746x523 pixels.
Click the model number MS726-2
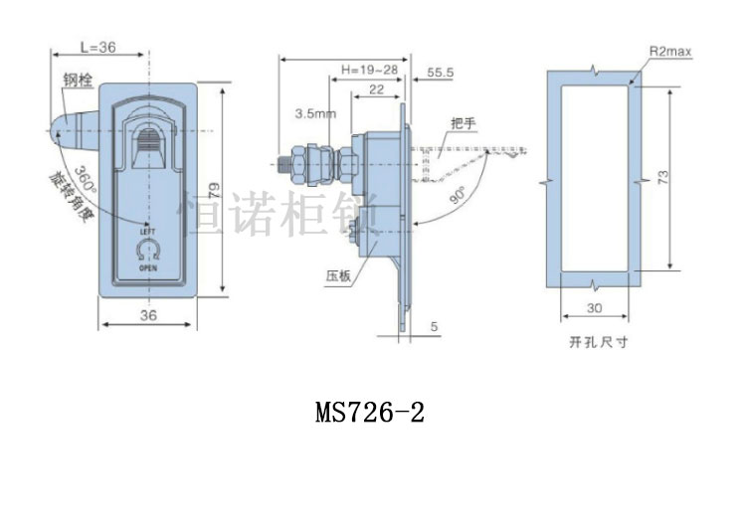pyautogui.click(x=370, y=412)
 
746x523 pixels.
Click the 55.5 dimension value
pyautogui.click(x=441, y=73)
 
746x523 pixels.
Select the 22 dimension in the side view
pyautogui.click(x=377, y=89)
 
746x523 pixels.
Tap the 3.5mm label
pyautogui.click(x=313, y=115)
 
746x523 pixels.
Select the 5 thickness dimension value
pyautogui.click(x=435, y=325)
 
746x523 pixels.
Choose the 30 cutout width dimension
pyautogui.click(x=595, y=308)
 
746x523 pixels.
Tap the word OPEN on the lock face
pyautogui.click(x=148, y=267)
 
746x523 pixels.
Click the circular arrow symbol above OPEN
pyautogui.click(x=149, y=248)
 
